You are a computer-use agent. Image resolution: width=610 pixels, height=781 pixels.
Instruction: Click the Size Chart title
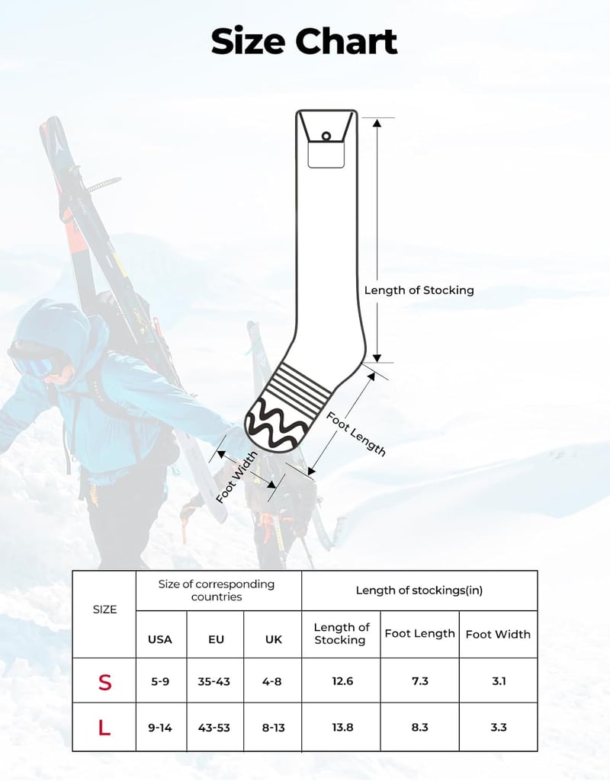[x=304, y=41]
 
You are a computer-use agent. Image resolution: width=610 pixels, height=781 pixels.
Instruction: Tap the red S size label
[x=104, y=682]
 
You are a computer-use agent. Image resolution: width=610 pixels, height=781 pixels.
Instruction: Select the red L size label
[x=104, y=728]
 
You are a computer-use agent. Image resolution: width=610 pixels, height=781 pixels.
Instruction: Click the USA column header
[x=160, y=639]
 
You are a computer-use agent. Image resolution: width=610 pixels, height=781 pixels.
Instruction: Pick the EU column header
[x=217, y=639]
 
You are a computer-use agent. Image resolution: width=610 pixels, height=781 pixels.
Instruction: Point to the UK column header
[x=274, y=639]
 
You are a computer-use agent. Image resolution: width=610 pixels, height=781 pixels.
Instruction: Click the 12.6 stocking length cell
[x=343, y=681]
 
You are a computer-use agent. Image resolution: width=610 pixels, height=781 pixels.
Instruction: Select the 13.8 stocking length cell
[x=343, y=727]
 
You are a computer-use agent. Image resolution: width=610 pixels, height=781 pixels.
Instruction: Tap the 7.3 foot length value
[x=420, y=681]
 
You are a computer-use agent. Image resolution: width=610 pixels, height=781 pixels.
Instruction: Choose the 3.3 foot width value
[x=499, y=727]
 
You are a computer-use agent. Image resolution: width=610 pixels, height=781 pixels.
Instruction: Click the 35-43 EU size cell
[x=213, y=681]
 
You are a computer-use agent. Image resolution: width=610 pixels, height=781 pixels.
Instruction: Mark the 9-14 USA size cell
[x=160, y=728]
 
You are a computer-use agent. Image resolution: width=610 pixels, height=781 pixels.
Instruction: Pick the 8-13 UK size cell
[x=274, y=728]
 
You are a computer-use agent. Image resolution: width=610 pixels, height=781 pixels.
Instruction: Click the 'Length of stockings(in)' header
[x=419, y=591]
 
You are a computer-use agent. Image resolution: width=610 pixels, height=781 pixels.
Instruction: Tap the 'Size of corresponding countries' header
[x=217, y=591]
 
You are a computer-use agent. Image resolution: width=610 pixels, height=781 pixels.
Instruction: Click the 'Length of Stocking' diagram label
[x=419, y=290]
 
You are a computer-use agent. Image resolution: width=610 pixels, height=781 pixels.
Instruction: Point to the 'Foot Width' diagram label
[x=237, y=477]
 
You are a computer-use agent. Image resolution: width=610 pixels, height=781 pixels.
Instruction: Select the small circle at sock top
[x=326, y=136]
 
